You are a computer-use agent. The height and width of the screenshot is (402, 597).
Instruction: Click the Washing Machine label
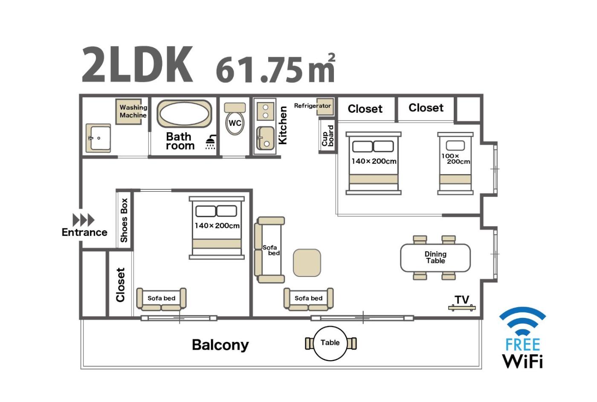click(133, 111)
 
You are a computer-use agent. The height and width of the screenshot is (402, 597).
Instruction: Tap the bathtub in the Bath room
click(184, 114)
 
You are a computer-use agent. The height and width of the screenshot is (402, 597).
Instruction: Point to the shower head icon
click(211, 143)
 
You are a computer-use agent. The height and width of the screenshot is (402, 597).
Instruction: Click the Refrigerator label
click(312, 106)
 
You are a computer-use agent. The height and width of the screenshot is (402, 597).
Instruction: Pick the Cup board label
click(327, 136)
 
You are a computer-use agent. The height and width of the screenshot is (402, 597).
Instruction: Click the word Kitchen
click(282, 125)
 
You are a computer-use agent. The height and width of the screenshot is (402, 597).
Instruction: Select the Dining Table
click(435, 257)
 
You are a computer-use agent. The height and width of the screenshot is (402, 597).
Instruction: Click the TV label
click(462, 300)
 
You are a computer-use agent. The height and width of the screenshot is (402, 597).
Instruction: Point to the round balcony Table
click(330, 343)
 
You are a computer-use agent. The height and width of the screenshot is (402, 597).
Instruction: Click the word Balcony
click(220, 345)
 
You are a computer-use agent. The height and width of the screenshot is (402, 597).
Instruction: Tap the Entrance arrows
click(84, 220)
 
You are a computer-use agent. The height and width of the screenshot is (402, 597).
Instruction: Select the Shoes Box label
click(124, 220)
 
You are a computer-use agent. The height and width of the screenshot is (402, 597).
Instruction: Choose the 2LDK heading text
click(137, 65)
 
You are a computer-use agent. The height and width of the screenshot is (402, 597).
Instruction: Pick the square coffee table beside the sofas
click(307, 262)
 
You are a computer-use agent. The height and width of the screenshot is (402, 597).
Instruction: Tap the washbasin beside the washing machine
click(98, 138)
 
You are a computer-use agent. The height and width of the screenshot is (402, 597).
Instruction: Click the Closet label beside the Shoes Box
click(120, 285)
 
